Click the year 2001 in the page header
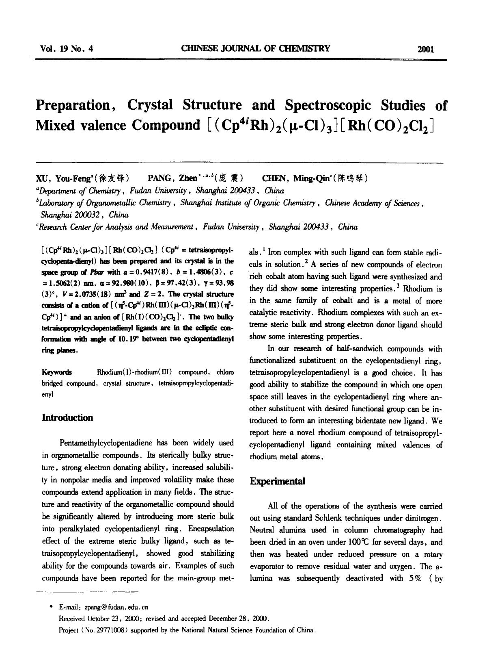426,50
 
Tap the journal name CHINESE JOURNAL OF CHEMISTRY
256,49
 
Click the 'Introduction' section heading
68,418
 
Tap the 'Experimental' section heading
277,481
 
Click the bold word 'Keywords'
57,372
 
